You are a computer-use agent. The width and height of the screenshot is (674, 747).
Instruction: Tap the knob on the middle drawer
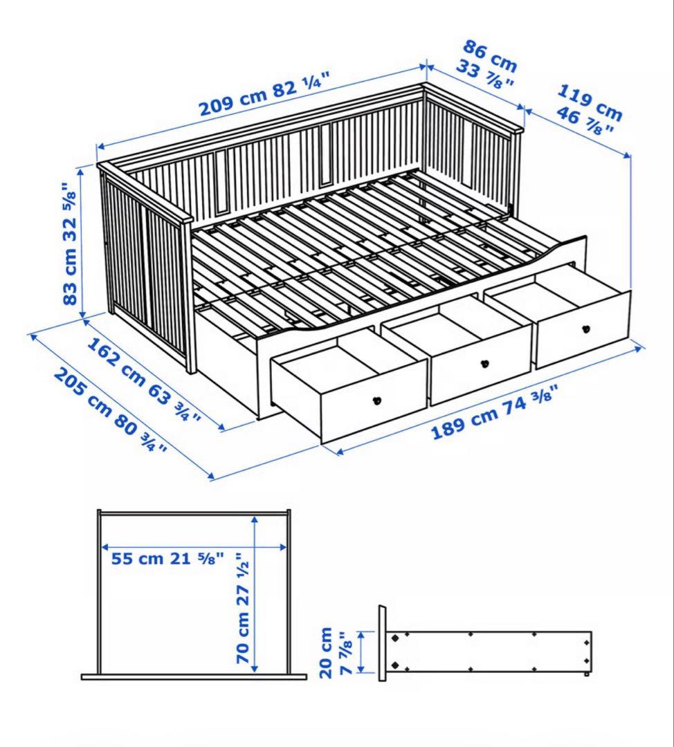(484, 362)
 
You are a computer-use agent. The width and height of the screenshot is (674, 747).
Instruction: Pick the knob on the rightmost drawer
(586, 329)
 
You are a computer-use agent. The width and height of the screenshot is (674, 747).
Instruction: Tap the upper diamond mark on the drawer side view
(395, 638)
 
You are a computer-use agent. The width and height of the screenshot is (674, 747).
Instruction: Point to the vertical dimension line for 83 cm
(82, 242)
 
